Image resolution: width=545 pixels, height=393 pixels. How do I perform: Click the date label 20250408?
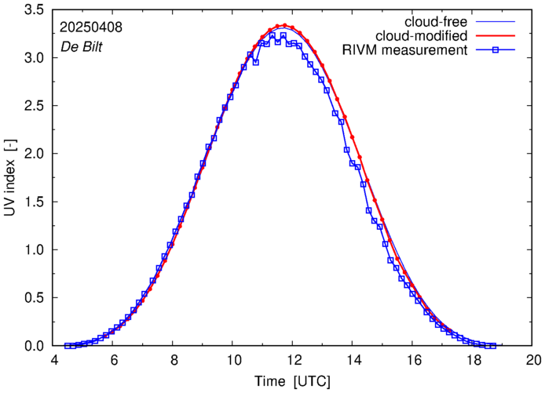point(91,27)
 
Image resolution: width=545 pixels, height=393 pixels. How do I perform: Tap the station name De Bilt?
point(82,45)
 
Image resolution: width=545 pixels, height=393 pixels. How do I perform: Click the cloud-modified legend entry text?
point(422,36)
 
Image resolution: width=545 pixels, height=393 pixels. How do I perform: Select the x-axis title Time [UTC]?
point(292,381)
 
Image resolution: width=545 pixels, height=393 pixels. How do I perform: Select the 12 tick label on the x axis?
point(293,360)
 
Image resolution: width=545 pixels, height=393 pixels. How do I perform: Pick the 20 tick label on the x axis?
point(532,360)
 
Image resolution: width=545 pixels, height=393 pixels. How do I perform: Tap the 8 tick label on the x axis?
point(174,360)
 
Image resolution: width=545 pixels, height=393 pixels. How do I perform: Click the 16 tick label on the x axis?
point(413,360)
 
